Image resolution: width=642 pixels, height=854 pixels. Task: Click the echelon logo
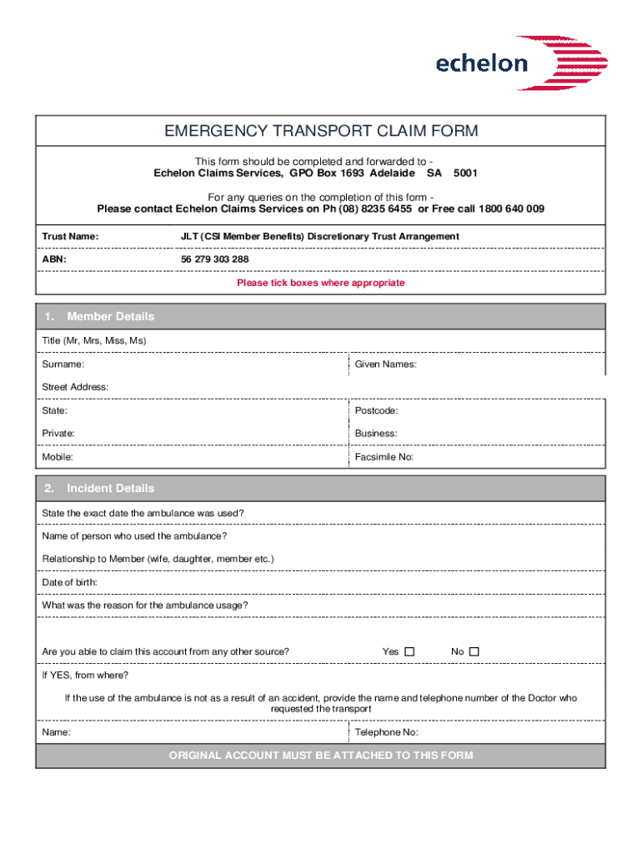[522, 63]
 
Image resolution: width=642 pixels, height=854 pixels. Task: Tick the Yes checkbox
[409, 651]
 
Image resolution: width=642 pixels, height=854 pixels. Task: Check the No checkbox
[474, 651]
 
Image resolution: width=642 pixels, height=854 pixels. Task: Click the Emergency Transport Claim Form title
[321, 132]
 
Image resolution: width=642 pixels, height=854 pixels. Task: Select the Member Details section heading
[110, 317]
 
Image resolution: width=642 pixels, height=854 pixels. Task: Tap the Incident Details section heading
[110, 489]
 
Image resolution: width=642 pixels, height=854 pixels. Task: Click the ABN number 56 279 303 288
[215, 259]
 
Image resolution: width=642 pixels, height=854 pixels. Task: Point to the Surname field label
[63, 364]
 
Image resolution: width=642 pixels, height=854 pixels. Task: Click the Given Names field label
[385, 364]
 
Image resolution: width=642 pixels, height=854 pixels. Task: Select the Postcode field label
[376, 411]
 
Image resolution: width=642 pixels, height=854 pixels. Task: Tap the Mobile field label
[58, 457]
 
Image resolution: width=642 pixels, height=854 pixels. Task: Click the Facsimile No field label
[384, 457]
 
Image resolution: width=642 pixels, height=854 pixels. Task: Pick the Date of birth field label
[70, 582]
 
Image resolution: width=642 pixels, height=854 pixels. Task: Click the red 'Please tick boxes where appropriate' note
[321, 283]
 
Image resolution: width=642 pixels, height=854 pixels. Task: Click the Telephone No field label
[386, 732]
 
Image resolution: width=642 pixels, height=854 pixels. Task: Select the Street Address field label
[75, 387]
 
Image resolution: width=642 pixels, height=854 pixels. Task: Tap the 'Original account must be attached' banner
[321, 756]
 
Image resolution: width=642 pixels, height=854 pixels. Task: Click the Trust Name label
[70, 237]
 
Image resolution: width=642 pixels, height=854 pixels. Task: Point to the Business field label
[375, 434]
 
